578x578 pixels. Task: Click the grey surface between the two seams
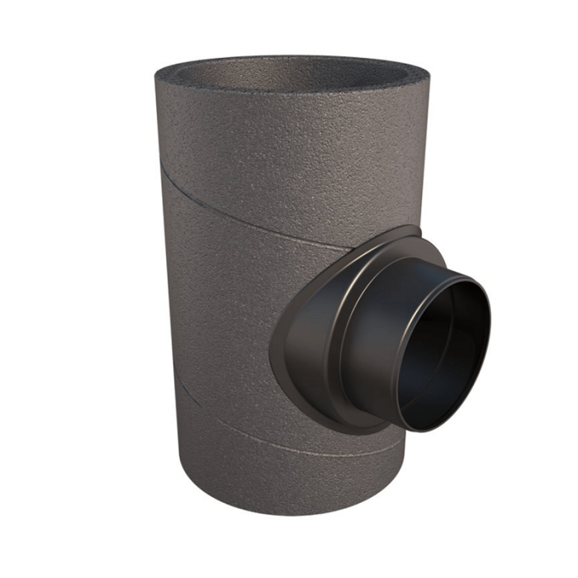(x=223, y=314)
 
